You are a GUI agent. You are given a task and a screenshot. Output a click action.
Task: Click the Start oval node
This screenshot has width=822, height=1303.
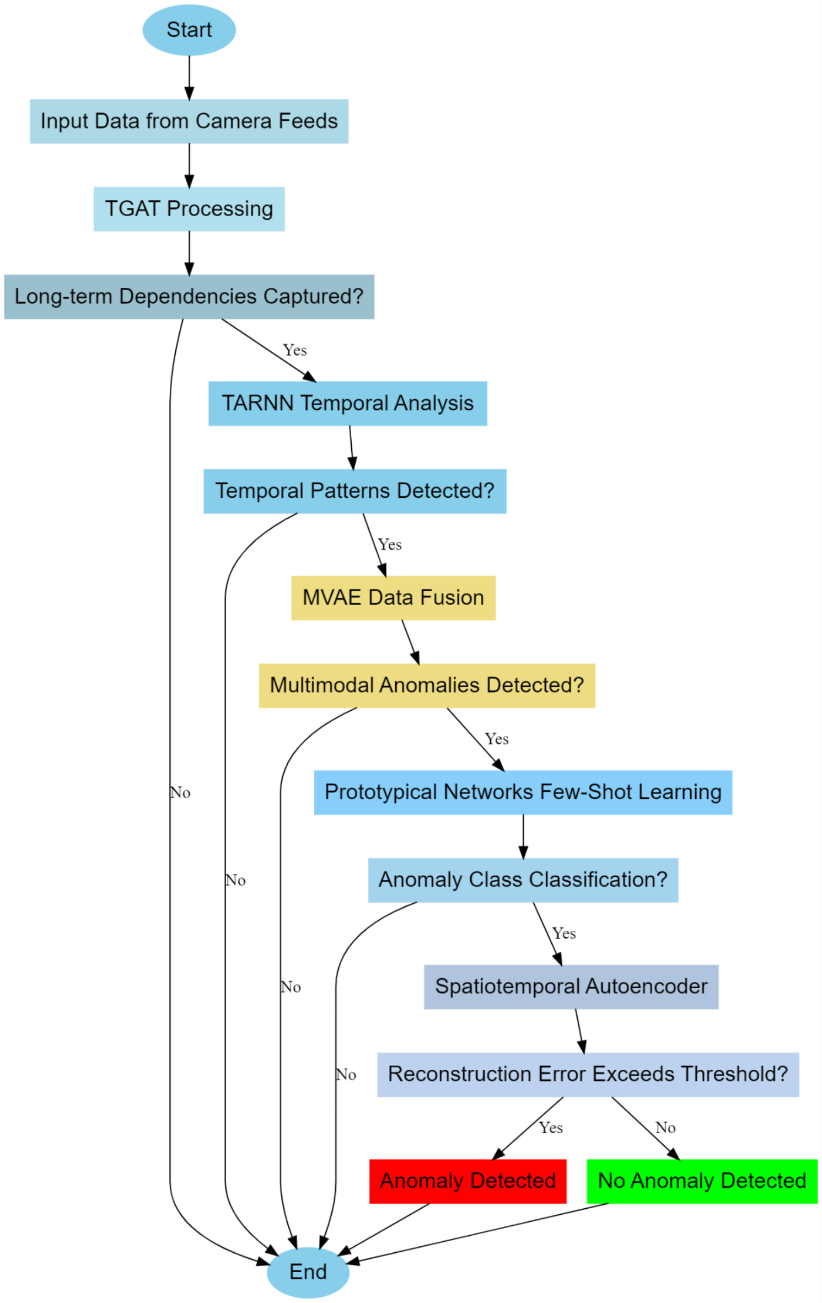pyautogui.click(x=189, y=30)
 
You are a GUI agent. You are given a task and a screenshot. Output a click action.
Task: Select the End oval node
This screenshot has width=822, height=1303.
pyautogui.click(x=308, y=1272)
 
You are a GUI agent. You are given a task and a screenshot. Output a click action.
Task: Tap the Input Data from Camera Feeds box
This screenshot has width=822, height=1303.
pyautogui.click(x=189, y=121)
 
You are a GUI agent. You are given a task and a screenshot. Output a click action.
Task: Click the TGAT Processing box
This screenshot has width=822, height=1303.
pyautogui.click(x=189, y=209)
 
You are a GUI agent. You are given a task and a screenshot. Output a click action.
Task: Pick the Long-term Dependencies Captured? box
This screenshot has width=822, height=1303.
pyautogui.click(x=189, y=297)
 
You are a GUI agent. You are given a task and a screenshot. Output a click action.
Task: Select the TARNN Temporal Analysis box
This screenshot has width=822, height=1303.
pyautogui.click(x=347, y=403)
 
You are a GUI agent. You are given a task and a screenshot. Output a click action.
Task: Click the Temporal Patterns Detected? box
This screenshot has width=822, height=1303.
pyautogui.click(x=354, y=491)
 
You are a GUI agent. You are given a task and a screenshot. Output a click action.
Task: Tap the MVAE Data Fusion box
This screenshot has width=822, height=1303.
pyautogui.click(x=393, y=598)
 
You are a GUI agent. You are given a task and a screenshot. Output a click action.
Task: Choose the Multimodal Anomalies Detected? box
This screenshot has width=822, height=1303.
pyautogui.click(x=427, y=685)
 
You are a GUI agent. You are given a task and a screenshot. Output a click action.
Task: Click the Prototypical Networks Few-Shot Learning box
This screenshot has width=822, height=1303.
pyautogui.click(x=523, y=792)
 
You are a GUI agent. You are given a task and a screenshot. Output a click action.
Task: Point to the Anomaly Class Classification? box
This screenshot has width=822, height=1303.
pyautogui.click(x=523, y=880)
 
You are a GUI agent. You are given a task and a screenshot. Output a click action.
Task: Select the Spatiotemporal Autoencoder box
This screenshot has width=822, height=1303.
pyautogui.click(x=571, y=986)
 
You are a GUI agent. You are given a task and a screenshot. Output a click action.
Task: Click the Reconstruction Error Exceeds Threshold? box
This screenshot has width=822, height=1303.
pyautogui.click(x=588, y=1074)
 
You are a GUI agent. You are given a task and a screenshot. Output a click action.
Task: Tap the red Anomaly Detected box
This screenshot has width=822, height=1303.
pyautogui.click(x=468, y=1181)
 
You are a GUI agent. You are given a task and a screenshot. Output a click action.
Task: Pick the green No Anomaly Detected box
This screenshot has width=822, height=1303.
pyautogui.click(x=702, y=1181)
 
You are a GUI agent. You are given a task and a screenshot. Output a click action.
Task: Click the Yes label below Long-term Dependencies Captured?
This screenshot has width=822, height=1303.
pyautogui.click(x=294, y=350)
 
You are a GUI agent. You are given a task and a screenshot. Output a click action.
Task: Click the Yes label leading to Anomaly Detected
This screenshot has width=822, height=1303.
pyautogui.click(x=551, y=1128)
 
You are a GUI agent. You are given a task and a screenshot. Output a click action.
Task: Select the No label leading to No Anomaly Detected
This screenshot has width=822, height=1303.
pyautogui.click(x=665, y=1128)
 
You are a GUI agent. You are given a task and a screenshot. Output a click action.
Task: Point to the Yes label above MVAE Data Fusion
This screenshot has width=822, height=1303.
pyautogui.click(x=390, y=545)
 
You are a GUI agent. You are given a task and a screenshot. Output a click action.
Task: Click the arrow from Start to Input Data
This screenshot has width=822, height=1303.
pyautogui.click(x=189, y=77)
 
